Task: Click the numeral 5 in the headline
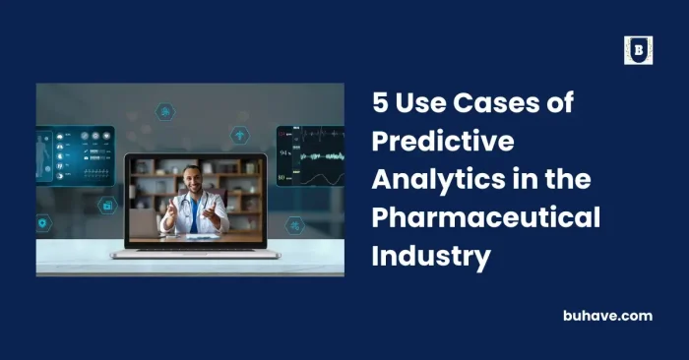click(x=381, y=102)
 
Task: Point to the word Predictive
click(x=443, y=140)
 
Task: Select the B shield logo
click(x=638, y=50)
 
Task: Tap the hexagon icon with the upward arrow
click(x=240, y=134)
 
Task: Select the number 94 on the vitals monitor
click(x=283, y=154)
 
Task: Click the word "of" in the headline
click(x=562, y=102)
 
